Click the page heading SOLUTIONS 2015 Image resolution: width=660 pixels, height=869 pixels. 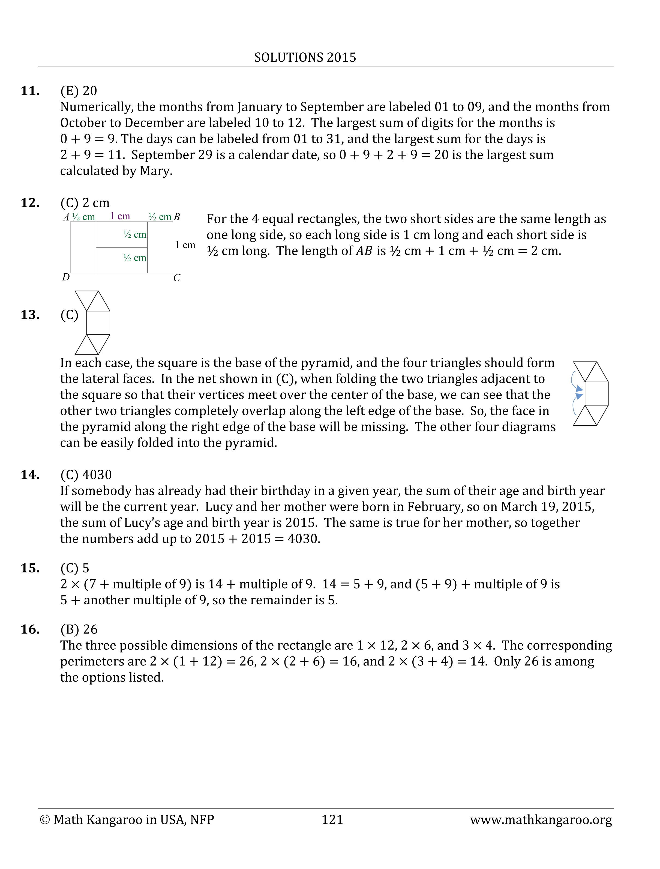(x=305, y=57)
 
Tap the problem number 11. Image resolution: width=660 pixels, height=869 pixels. (x=30, y=91)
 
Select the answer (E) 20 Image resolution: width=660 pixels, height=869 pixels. (x=79, y=91)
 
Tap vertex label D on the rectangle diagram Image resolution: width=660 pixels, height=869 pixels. (x=66, y=277)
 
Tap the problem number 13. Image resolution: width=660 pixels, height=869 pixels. (x=30, y=315)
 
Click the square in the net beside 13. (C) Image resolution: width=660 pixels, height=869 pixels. (x=98, y=323)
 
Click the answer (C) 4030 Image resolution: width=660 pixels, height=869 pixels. (x=86, y=475)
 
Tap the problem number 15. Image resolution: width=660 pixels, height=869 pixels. (x=30, y=568)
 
